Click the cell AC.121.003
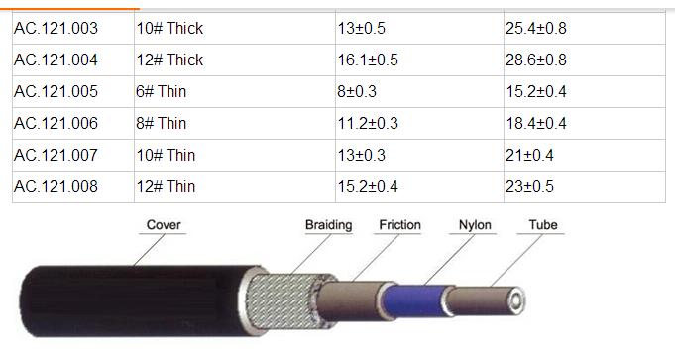coord(56,29)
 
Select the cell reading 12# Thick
coord(169,60)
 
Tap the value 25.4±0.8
coord(536,29)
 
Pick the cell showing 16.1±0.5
coord(368,60)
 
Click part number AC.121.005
coord(56,91)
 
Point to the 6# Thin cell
coord(161,91)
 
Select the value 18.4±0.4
coord(536,124)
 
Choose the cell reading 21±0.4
coord(529,155)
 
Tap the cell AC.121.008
coord(56,186)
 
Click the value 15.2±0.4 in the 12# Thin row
coord(368,186)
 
